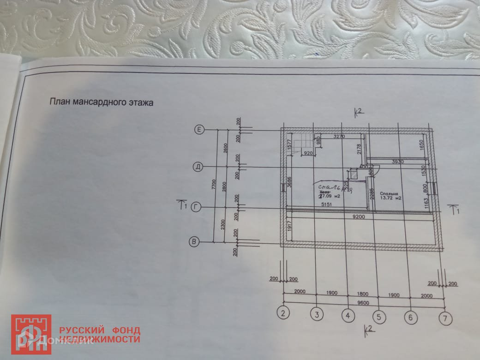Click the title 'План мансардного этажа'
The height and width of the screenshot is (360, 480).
(x=101, y=102)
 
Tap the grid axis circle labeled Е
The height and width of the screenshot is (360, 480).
(x=199, y=130)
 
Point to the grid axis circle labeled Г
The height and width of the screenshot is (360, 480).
(x=196, y=207)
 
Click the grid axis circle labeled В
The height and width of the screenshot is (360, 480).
(x=195, y=241)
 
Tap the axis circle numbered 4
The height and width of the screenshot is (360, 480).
(x=348, y=316)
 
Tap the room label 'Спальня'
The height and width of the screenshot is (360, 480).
(x=390, y=194)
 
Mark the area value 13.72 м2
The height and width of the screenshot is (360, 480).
(x=390, y=199)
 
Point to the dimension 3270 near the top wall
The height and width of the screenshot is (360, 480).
(x=340, y=137)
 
